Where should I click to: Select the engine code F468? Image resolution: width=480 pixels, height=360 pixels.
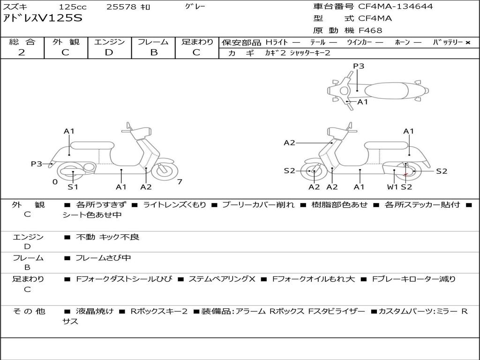click(x=370, y=30)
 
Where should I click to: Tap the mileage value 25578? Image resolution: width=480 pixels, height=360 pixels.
click(x=121, y=7)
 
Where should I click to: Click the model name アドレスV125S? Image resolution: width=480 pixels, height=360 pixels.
click(x=43, y=18)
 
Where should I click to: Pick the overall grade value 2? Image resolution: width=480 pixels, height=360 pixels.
click(x=22, y=52)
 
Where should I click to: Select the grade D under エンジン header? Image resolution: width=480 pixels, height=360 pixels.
click(x=109, y=52)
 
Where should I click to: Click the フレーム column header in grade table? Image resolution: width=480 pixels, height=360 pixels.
click(x=153, y=42)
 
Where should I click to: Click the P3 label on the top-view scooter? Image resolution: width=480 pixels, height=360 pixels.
click(x=359, y=66)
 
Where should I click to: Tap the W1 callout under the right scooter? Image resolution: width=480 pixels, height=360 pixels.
click(x=392, y=187)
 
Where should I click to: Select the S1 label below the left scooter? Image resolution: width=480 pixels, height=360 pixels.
click(x=73, y=187)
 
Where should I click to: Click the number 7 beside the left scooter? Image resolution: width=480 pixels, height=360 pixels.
click(x=180, y=182)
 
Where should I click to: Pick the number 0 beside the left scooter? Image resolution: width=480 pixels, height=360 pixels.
click(x=55, y=182)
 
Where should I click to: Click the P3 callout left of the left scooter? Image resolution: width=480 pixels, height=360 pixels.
click(x=37, y=164)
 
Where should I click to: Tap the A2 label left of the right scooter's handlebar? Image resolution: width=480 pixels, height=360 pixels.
click(x=289, y=143)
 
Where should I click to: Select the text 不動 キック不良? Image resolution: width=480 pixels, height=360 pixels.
click(x=108, y=237)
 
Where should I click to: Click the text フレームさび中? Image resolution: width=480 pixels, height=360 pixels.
click(x=103, y=258)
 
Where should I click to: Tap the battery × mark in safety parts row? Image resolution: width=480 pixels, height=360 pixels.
click(x=467, y=42)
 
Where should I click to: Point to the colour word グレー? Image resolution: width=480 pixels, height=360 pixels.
click(x=195, y=7)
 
